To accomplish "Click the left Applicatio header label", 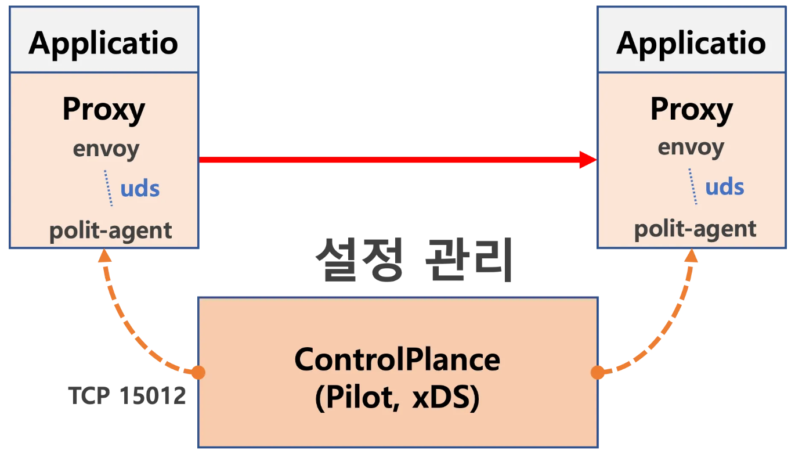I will (103, 43).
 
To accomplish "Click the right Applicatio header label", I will (691, 43).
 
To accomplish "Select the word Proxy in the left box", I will (104, 109).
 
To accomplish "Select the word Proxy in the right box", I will (692, 109).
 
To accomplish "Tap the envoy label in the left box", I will (106, 149).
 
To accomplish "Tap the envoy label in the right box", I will (691, 147).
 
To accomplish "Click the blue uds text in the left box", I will (140, 188).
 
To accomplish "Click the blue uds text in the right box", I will (724, 187).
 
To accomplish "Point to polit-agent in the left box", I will (111, 231).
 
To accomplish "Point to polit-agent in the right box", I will (695, 229).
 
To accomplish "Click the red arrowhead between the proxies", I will (588, 159).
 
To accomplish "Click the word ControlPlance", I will (397, 359).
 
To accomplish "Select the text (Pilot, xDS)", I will (397, 399).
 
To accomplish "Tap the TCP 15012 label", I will (127, 396).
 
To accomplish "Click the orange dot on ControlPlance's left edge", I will (198, 372).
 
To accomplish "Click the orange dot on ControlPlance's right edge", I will (597, 372).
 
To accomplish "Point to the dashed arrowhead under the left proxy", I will (104, 257).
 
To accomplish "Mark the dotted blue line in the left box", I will (109, 188).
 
